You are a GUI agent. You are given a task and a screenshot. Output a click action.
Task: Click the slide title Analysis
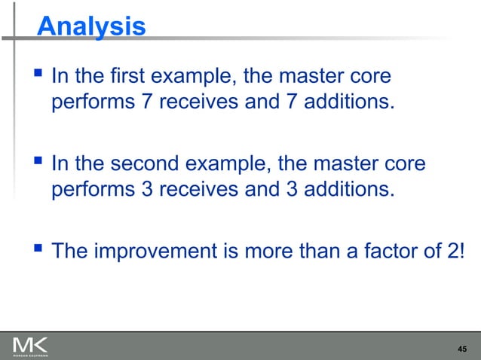pyautogui.click(x=91, y=26)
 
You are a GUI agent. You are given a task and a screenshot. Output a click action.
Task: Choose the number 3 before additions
pyautogui.click(x=293, y=188)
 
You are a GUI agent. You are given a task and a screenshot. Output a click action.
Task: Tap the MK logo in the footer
pyautogui.click(x=30, y=346)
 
